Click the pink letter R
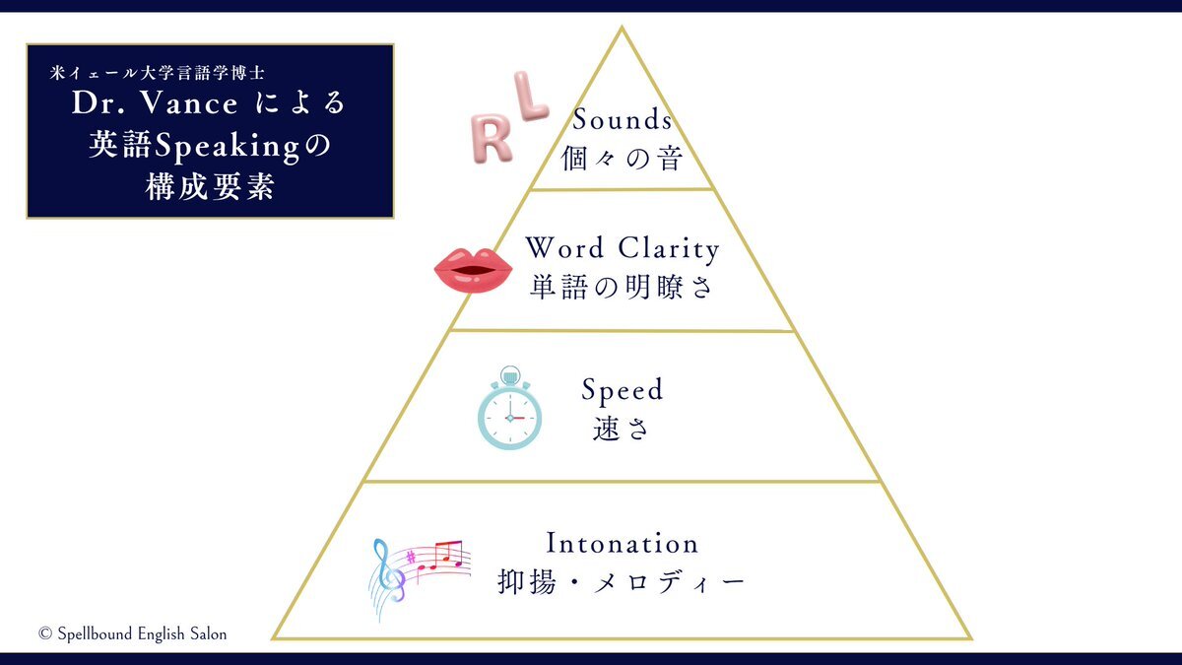point(490,138)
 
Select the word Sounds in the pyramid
point(623,119)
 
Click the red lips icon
point(473,269)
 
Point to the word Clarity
point(669,248)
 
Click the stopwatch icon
point(509,408)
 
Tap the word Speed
point(623,390)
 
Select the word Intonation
point(623,543)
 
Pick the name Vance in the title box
point(189,102)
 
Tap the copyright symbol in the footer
point(45,633)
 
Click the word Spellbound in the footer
point(95,633)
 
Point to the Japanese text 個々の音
point(623,159)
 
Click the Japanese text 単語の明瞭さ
point(623,288)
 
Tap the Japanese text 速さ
point(622,429)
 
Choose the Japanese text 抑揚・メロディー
point(622,582)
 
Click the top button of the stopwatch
point(510,376)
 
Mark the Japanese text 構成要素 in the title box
point(210,186)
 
